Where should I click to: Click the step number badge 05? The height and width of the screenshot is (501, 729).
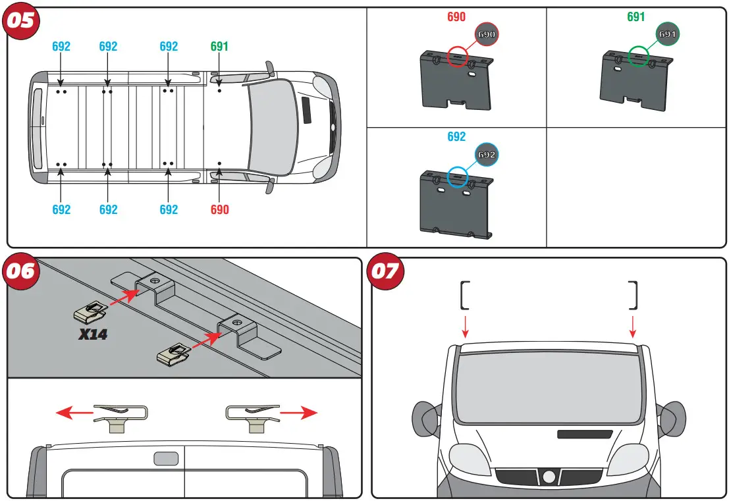pos(21,20)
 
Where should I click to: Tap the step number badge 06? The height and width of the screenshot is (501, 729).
pos(21,271)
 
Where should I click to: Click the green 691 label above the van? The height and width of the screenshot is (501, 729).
pos(219,47)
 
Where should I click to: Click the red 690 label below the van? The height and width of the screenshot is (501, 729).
pos(219,209)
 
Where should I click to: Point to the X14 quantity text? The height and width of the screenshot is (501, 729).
pos(93,334)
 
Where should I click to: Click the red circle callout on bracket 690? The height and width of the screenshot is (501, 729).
pos(457,57)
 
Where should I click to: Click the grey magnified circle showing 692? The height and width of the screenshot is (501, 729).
pos(486,155)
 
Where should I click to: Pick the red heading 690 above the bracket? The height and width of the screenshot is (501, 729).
pos(456,17)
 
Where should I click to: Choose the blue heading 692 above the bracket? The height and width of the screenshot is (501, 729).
pos(456,137)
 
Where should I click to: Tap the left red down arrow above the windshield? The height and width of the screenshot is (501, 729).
pos(466,325)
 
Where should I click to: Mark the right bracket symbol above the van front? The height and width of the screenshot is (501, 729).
pos(634,295)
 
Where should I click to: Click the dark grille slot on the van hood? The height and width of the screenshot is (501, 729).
pos(584,435)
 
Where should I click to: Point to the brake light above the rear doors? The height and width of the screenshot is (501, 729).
pos(165,459)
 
